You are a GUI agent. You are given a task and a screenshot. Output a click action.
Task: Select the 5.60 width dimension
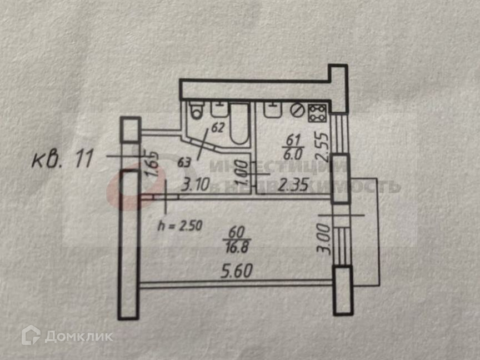tap(238, 272)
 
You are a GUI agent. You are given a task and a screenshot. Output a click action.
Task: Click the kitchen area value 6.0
tap(291, 155)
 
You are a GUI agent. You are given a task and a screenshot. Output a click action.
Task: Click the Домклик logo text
tap(78, 336)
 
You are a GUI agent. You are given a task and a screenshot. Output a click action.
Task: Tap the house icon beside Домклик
tap(31, 335)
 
